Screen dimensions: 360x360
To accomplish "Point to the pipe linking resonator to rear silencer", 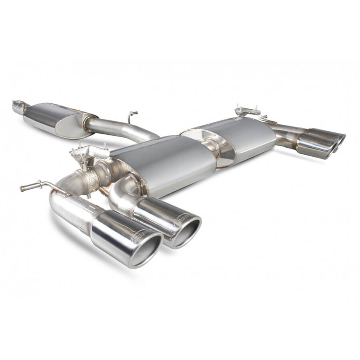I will (x=120, y=129).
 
